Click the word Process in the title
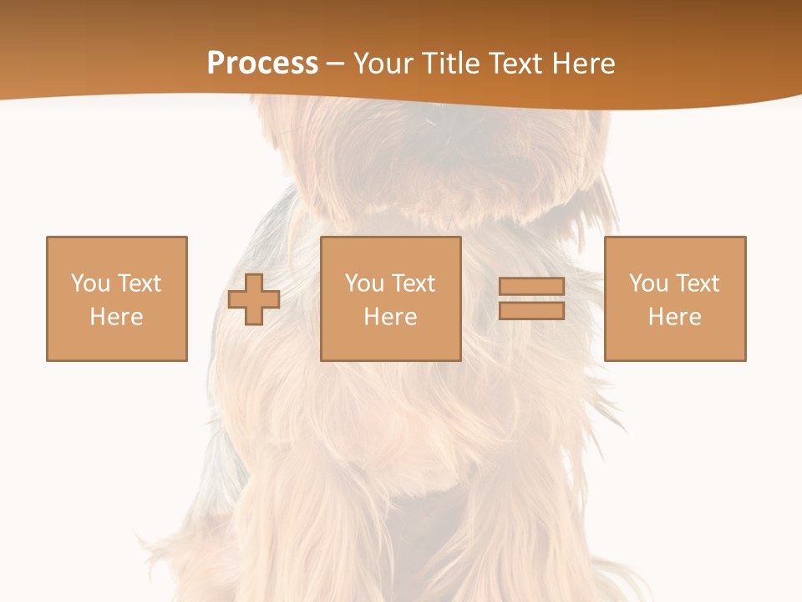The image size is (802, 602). coord(262,64)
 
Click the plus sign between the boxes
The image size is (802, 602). coord(254,299)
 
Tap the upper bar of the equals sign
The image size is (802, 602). coord(531,287)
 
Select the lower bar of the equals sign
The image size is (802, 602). coord(531,311)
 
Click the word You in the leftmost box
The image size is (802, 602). coord(90,283)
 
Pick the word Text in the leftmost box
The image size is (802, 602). coord(139,283)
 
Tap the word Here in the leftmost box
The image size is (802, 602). coord(116,317)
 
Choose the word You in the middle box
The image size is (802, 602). coord(364,283)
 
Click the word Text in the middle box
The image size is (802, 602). coord(413,283)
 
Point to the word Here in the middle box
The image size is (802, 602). coord(390,317)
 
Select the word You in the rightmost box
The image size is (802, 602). coord(648,283)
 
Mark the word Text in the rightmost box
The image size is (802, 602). coord(697,283)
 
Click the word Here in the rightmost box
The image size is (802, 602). coord(674,317)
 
